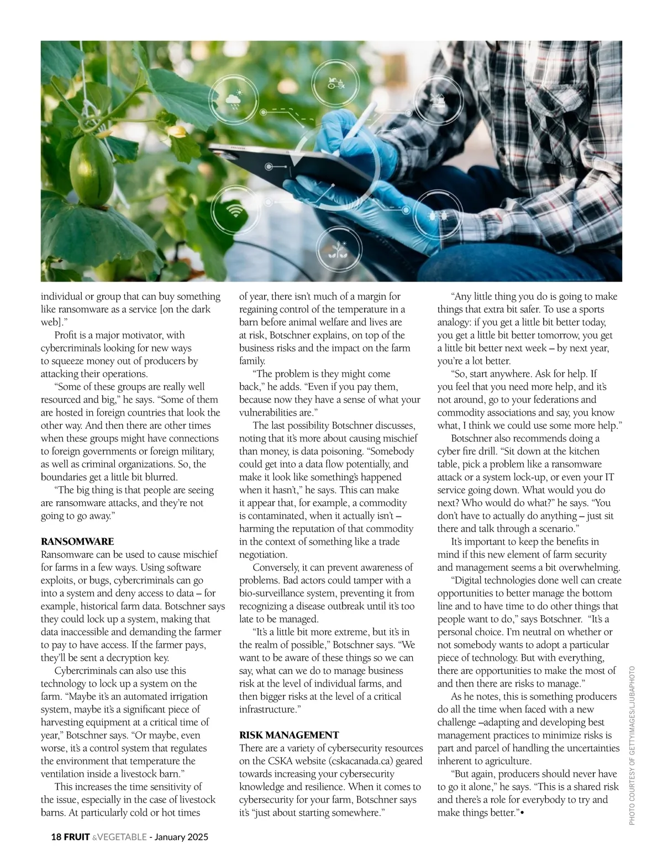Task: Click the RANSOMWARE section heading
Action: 77,541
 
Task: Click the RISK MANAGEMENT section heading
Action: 289,735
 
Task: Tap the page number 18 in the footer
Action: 56,837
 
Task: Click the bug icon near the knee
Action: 434,216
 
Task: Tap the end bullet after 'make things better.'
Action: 522,813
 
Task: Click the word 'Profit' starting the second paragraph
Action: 66,335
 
